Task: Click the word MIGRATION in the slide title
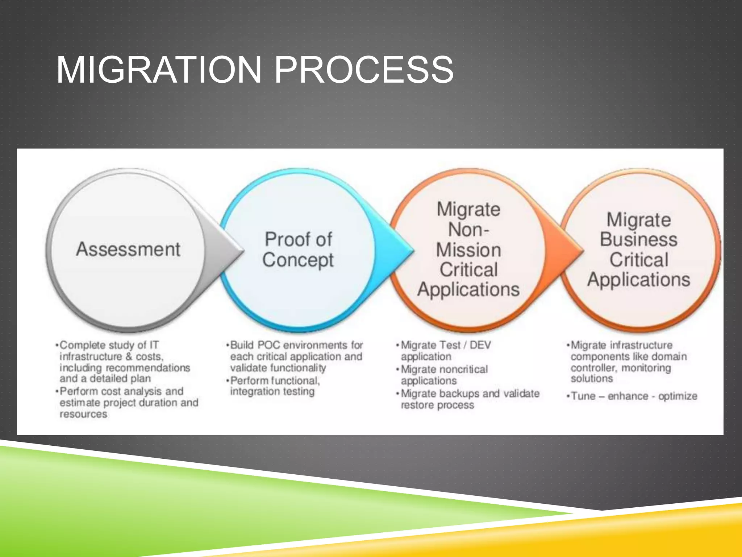pyautogui.click(x=159, y=70)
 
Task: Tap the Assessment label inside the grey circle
pyautogui.click(x=128, y=249)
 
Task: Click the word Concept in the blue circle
pyautogui.click(x=298, y=260)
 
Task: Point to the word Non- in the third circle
pyautogui.click(x=468, y=230)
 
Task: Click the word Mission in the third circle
pyautogui.click(x=468, y=250)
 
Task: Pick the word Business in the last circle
pyautogui.click(x=638, y=240)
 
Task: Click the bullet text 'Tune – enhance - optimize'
pyautogui.click(x=634, y=396)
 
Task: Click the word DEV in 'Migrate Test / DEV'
pyautogui.click(x=480, y=345)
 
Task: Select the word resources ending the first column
pyautogui.click(x=83, y=414)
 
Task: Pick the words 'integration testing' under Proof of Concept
pyautogui.click(x=272, y=392)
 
